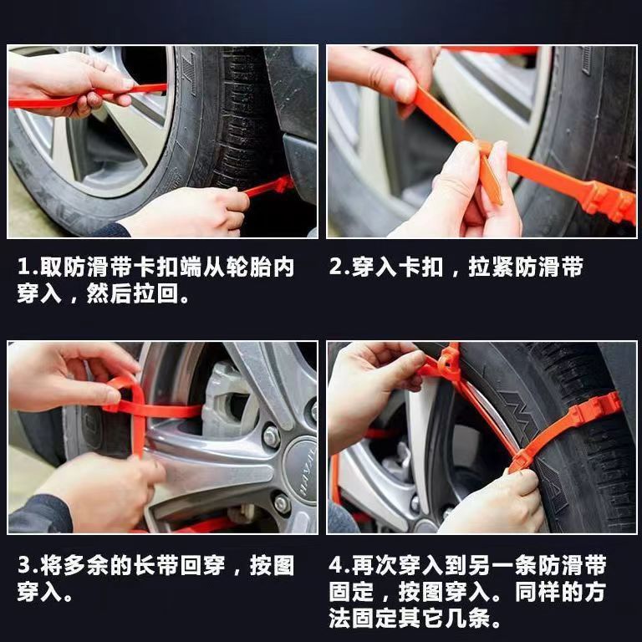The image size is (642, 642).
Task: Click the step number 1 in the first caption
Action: (x=23, y=268)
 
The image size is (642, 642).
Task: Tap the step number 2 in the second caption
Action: (x=336, y=268)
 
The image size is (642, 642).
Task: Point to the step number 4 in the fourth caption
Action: (x=337, y=566)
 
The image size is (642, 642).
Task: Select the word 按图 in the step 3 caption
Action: (x=273, y=566)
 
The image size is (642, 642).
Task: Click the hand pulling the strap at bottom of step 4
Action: (x=493, y=502)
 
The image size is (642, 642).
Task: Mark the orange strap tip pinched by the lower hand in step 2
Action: (x=491, y=180)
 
